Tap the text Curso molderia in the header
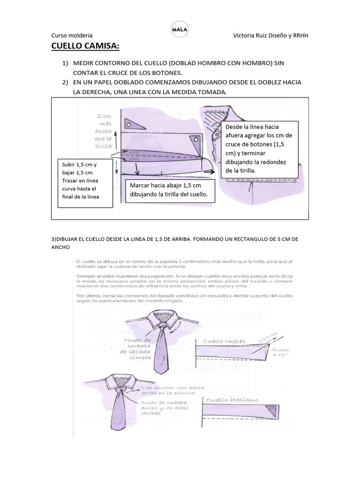pyautogui.click(x=71, y=35)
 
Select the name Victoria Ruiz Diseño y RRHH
pyautogui.click(x=270, y=35)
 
